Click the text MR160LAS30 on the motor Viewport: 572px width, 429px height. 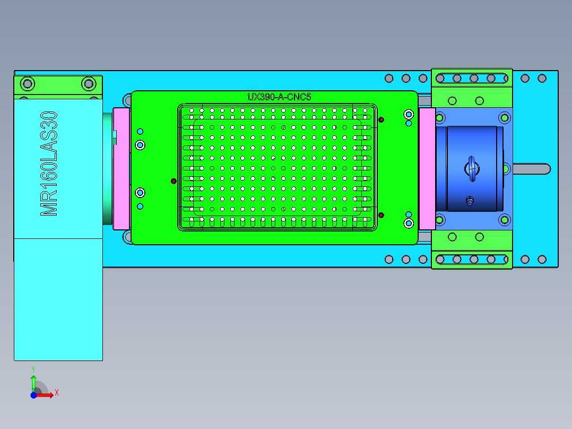(x=49, y=164)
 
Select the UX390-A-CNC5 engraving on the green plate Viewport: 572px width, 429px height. (x=279, y=97)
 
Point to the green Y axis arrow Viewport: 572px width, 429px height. (x=33, y=381)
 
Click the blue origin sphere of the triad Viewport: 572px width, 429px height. (x=33, y=395)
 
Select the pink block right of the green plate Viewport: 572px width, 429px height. (x=427, y=168)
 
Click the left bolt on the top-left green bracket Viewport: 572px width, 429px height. (x=28, y=83)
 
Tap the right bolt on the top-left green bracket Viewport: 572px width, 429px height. (x=88, y=83)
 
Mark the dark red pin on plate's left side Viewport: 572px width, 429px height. (x=174, y=181)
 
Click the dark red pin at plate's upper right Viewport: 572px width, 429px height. (x=382, y=120)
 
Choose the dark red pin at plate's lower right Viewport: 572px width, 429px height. (x=382, y=214)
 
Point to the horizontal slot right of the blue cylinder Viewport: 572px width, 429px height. (x=531, y=168)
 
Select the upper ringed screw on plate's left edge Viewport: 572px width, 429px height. (x=140, y=144)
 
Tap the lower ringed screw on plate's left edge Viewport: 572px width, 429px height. (x=140, y=192)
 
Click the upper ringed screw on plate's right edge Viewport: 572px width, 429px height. (x=409, y=114)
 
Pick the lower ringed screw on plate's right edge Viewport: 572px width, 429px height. (x=409, y=223)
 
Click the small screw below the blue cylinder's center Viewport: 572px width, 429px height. (x=469, y=201)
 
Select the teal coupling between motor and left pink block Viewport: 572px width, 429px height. (x=108, y=168)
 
